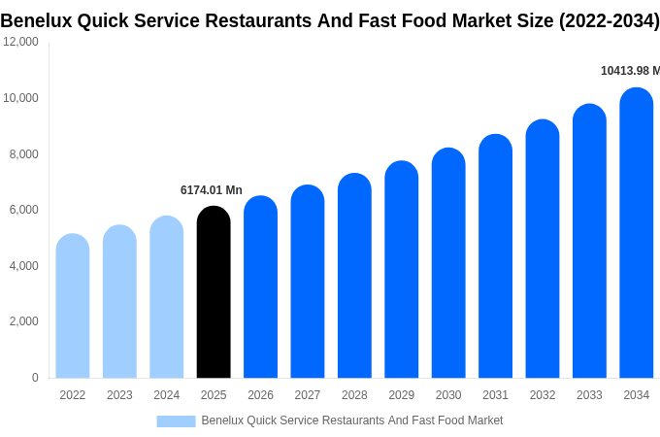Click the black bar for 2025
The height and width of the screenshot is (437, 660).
[x=214, y=292]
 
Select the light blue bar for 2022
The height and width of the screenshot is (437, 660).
[x=73, y=306]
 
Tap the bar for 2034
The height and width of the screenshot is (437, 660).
[x=636, y=233]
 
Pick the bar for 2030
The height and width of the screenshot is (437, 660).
[x=448, y=263]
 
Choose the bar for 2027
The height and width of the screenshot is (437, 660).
[x=308, y=282]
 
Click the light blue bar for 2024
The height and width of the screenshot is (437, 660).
[x=167, y=297]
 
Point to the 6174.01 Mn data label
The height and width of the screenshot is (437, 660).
[x=212, y=190]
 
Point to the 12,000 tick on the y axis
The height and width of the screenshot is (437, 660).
[x=21, y=42]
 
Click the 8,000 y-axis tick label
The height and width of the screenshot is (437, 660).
[x=24, y=153]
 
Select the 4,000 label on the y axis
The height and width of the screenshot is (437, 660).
[x=24, y=265]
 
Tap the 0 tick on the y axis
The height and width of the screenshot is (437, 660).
[x=35, y=378]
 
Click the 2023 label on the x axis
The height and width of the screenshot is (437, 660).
[x=119, y=395]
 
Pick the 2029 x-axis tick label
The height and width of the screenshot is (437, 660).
[x=402, y=395]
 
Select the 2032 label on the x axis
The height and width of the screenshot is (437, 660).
[x=543, y=395]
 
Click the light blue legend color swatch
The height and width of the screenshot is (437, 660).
[x=176, y=421]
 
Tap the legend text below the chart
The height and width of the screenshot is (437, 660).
[x=351, y=420]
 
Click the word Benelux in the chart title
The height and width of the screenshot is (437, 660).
[x=35, y=20]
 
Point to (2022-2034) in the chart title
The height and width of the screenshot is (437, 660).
[x=609, y=20]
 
